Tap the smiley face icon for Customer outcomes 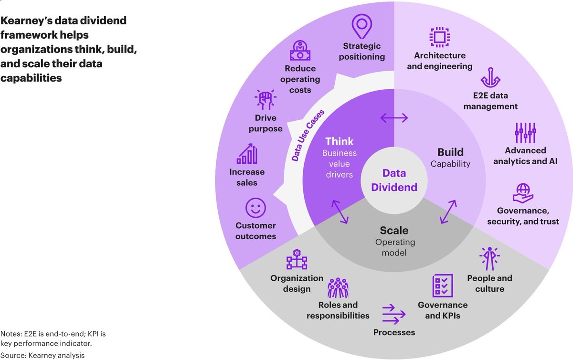pyautogui.click(x=255, y=208)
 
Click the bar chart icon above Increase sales pyautogui.click(x=247, y=154)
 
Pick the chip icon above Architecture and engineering pyautogui.click(x=439, y=37)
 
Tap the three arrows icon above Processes pyautogui.click(x=394, y=313)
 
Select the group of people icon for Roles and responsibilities pyautogui.click(x=338, y=287)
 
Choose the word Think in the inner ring pyautogui.click(x=340, y=141)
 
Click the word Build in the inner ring pyautogui.click(x=450, y=152)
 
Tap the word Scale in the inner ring pyautogui.click(x=394, y=231)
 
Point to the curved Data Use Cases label pyautogui.click(x=308, y=135)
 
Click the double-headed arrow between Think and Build pyautogui.click(x=394, y=117)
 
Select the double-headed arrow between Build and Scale pyautogui.click(x=448, y=212)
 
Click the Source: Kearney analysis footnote pyautogui.click(x=43, y=355)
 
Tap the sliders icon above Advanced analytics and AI pyautogui.click(x=525, y=133)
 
